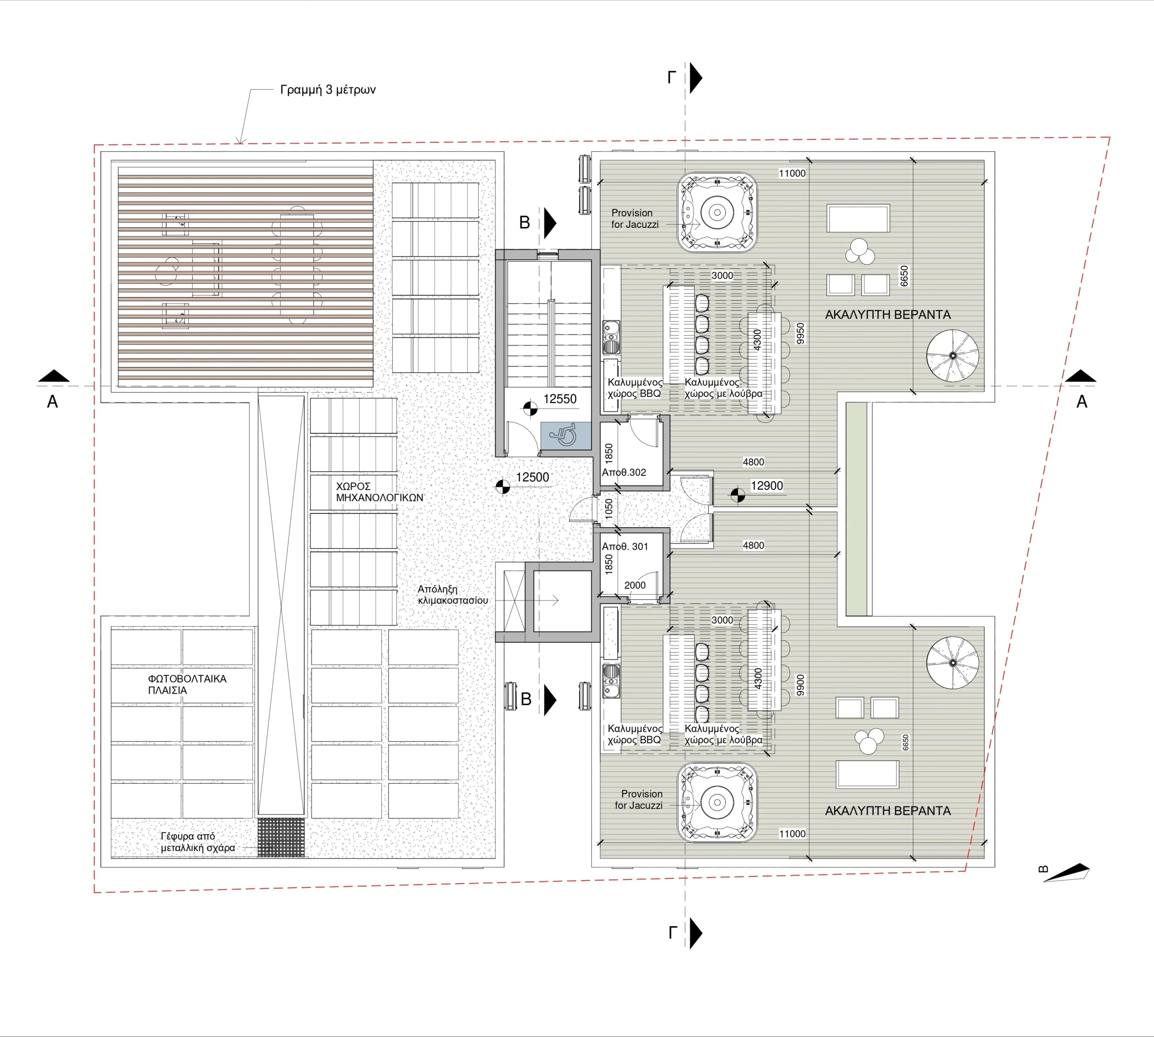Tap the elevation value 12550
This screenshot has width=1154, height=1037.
[559, 399]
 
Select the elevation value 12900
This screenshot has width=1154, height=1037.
[766, 486]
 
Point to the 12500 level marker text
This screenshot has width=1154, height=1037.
[532, 478]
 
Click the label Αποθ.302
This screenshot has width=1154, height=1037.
[624, 473]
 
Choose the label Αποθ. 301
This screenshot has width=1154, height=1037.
[625, 546]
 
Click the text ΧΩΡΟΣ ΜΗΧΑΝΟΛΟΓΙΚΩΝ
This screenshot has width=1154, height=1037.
[379, 492]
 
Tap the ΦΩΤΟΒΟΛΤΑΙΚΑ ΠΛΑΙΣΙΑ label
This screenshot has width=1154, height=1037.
[187, 684]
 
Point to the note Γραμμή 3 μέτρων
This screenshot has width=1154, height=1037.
[328, 90]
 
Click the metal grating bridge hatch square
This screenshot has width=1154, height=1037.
[281, 837]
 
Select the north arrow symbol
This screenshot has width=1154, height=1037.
[1066, 873]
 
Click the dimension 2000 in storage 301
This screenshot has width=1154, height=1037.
[635, 585]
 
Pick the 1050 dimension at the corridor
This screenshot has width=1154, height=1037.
[609, 508]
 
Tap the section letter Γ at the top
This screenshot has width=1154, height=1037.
[672, 77]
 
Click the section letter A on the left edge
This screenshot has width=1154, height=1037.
[52, 402]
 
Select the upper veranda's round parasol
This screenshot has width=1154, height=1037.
[952, 355]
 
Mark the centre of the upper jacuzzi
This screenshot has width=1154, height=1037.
[717, 213]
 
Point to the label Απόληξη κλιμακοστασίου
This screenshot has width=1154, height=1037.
[453, 595]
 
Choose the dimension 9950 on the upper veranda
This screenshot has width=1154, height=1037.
[801, 333]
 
